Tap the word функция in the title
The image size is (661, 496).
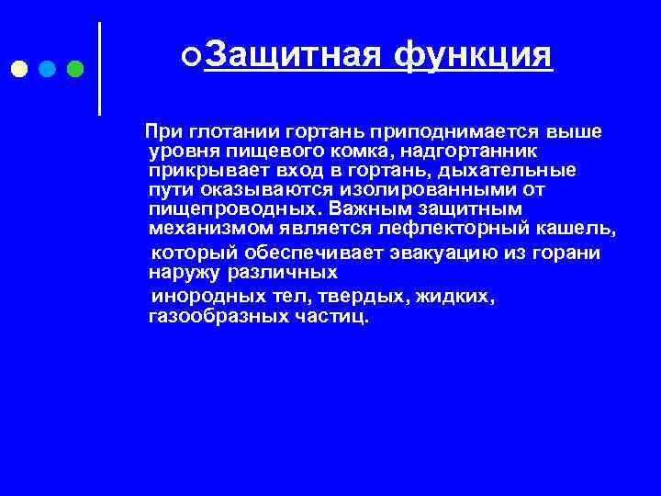473,56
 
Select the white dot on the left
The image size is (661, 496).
19,69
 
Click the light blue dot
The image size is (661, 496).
47,69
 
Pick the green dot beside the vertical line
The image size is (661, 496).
75,69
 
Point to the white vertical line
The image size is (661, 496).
99,69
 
